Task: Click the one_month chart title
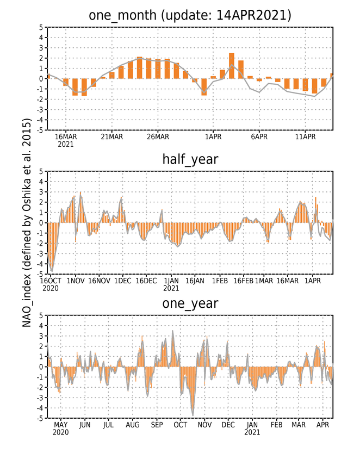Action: tap(190, 15)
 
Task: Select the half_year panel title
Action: tap(190, 159)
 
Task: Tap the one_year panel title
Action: tap(190, 303)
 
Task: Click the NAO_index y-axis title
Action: tap(27, 223)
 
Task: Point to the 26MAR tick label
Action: tap(158, 136)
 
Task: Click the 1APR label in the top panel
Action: tap(213, 136)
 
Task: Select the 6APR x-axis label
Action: tap(259, 136)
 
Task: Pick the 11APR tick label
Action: tap(305, 136)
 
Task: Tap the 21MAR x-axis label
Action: tap(112, 136)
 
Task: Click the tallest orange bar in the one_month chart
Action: tap(232, 66)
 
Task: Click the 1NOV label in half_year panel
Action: tap(76, 281)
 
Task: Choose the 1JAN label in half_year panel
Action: tap(171, 281)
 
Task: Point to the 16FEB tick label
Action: tap(244, 281)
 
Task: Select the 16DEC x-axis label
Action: tap(146, 281)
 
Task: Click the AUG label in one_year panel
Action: tap(133, 425)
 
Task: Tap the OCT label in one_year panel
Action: tap(181, 425)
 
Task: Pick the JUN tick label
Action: tap(85, 425)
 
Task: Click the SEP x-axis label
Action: tap(157, 425)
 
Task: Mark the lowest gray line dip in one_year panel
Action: tap(193, 415)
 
